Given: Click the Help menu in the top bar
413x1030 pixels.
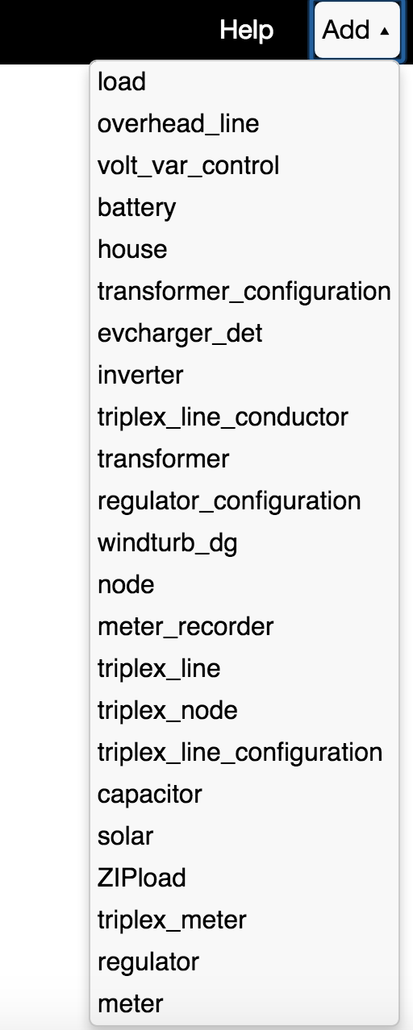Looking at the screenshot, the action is coord(247,31).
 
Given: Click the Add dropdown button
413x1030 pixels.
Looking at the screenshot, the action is coord(357,30).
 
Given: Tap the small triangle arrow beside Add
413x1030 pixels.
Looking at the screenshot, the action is coord(385,31).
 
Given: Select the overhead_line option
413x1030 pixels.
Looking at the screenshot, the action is coord(178,123).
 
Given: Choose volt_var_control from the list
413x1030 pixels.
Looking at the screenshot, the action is coord(188,165).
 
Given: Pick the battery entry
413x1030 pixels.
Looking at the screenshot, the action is coord(137,208).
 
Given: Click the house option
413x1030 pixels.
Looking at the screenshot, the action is coord(132,249).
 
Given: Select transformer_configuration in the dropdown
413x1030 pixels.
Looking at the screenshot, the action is coord(244,292).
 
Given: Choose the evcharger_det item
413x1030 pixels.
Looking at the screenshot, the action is coord(180,334).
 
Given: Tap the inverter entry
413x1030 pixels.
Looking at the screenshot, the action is coord(140,376).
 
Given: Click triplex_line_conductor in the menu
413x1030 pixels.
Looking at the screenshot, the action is coord(223,417).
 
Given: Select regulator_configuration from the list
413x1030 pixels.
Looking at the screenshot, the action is coord(229,501).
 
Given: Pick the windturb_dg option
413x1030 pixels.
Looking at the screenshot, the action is coord(167,543).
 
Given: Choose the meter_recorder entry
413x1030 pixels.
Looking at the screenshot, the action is coord(186,627).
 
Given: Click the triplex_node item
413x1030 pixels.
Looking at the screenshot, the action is coord(168,711).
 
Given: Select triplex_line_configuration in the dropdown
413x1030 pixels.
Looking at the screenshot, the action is coord(240,753).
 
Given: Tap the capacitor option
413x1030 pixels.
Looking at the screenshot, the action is coord(150,795).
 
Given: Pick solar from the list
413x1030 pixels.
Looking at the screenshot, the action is coord(125,836).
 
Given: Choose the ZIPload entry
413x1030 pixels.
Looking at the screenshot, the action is coord(141,878).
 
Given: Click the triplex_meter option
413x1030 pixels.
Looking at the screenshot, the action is coord(172,920).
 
